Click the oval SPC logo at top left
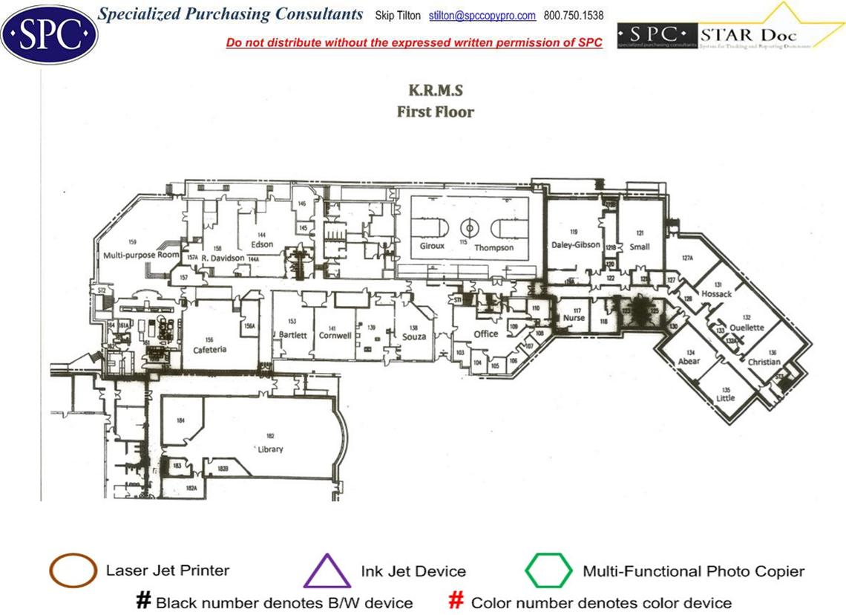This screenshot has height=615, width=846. pos(49,33)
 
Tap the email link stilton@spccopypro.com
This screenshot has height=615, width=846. pos(482,16)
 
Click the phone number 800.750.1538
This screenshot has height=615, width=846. pos(574,16)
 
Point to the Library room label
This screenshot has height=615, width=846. pos(270,449)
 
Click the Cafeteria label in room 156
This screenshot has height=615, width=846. pos(209,349)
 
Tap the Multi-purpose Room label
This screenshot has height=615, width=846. pos(142,254)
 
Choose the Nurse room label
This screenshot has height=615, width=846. pos(574,318)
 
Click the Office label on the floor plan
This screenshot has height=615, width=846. pos(486,333)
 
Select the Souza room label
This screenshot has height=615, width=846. pos(414,336)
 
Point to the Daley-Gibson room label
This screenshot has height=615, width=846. pos(576,244)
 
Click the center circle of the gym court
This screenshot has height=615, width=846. pos(469,227)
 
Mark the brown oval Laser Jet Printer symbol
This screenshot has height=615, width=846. pos(73,571)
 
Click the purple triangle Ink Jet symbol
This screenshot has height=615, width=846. pos(327,571)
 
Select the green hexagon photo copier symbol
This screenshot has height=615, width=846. pos(548,571)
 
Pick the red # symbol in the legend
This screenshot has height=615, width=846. pos(457,601)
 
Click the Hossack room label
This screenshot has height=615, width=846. pos(716,294)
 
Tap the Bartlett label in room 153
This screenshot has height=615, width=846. pos(293,335)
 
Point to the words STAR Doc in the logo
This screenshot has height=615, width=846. pos(748,35)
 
